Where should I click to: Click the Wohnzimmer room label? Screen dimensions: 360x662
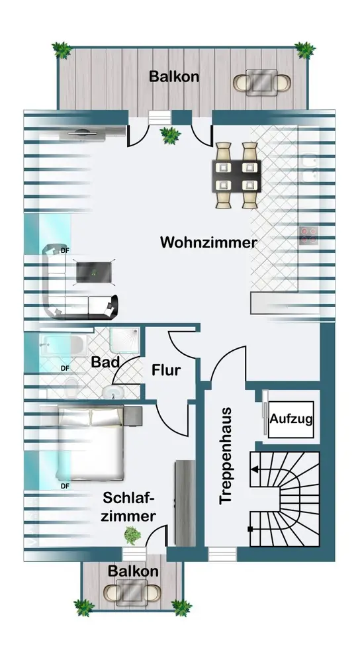[208, 242]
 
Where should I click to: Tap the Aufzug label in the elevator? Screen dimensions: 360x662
[291, 419]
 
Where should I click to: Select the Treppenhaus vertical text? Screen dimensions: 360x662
[226, 455]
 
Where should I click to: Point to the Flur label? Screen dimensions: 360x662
[166, 370]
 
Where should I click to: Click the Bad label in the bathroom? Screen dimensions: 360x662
[105, 362]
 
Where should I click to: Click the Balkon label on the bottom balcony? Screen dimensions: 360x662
[134, 571]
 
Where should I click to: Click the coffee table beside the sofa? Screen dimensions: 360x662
[94, 271]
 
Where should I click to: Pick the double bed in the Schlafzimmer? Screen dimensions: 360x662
[91, 444]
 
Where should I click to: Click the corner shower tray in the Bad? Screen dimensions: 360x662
[124, 340]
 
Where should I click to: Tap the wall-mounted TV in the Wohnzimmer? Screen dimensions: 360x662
[83, 133]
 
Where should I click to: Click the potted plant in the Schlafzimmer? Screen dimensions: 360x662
[132, 535]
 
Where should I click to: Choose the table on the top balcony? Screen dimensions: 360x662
[261, 81]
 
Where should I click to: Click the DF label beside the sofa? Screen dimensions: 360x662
[65, 250]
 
